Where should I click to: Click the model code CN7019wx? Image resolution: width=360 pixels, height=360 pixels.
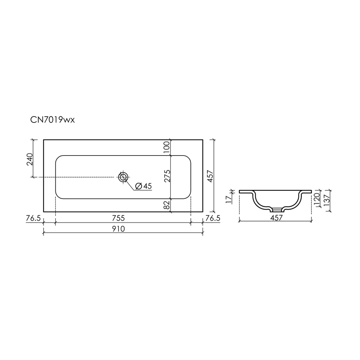tap(53, 120)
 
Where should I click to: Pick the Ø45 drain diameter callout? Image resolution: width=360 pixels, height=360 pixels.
tap(144, 186)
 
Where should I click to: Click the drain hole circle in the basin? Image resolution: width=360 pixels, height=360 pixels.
tap(123, 177)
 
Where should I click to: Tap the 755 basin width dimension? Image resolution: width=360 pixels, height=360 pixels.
tap(118, 218)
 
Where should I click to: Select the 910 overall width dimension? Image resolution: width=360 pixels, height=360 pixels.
tap(118, 229)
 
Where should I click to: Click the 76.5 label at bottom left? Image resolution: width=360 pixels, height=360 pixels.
tap(33, 218)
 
